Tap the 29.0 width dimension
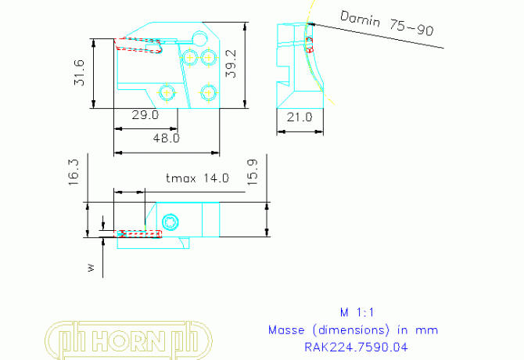[145, 115]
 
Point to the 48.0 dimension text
[166, 138]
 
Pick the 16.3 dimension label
[74, 171]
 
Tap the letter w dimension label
[91, 268]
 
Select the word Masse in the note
[285, 329]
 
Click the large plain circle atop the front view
[201, 38]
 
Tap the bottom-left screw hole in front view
[167, 92]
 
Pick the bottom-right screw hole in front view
[207, 92]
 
